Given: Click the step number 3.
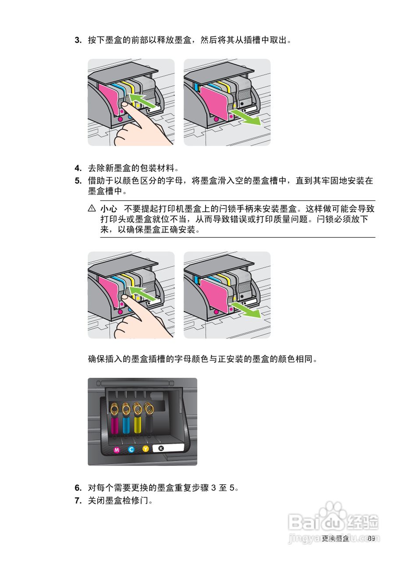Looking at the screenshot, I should point(78,41).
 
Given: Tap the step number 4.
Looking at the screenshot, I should point(78,168).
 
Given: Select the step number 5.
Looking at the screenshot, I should point(78,181).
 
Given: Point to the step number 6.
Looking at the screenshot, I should point(78,488).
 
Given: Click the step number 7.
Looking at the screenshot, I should point(78,500).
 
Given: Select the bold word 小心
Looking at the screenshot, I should point(109,208).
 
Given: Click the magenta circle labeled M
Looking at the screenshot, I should point(117,450).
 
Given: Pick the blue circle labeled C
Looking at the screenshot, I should point(131,449).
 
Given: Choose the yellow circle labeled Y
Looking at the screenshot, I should point(146,449).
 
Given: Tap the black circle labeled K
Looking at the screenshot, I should point(161,448).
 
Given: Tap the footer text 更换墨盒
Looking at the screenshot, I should point(335,538).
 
